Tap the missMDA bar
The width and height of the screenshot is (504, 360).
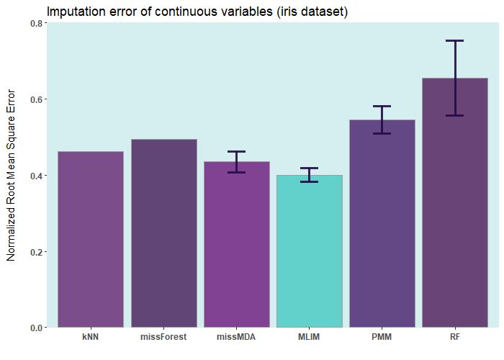pyautogui.click(x=236, y=252)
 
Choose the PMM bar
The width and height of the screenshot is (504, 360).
pyautogui.click(x=382, y=230)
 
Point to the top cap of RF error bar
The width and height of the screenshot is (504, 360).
pyautogui.click(x=455, y=41)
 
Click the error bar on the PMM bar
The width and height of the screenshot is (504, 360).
pyautogui.click(x=382, y=120)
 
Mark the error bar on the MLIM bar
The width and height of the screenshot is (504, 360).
pyautogui.click(x=310, y=175)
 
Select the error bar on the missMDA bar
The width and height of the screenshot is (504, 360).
pyautogui.click(x=236, y=162)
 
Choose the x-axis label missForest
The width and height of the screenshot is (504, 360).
pyautogui.click(x=163, y=337)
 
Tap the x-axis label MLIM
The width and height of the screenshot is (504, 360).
pyautogui.click(x=310, y=337)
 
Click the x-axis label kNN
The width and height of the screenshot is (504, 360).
pyautogui.click(x=91, y=337)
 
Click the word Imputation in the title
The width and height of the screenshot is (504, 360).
pyautogui.click(x=76, y=12)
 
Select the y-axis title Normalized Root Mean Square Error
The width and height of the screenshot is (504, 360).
pyautogui.click(x=12, y=176)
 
